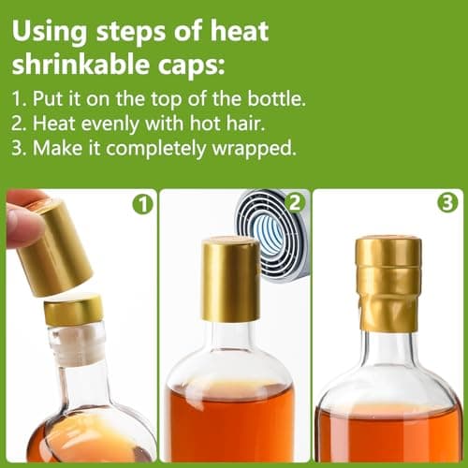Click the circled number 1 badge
142,203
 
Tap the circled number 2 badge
293,203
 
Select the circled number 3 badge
447,203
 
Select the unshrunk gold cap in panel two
230,278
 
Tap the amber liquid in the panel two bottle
231,421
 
